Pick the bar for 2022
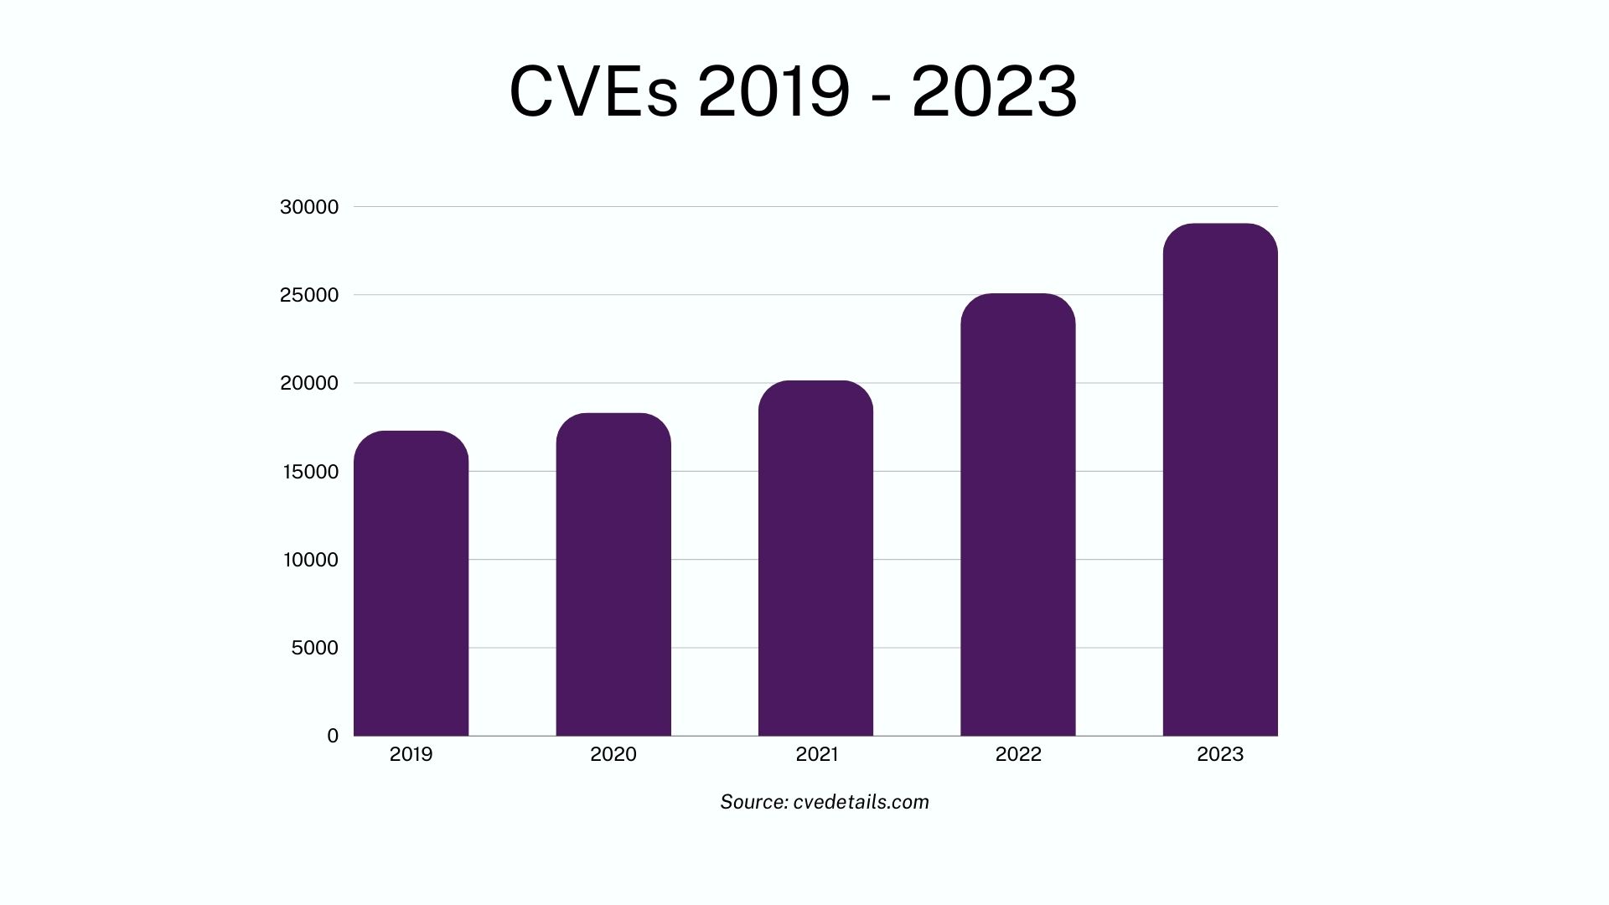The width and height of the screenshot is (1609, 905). click(1017, 515)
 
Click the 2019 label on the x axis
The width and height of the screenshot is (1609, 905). click(411, 754)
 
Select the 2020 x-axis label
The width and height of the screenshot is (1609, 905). click(613, 754)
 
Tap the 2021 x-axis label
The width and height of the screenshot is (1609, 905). click(816, 754)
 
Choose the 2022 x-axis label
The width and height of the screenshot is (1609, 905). click(1018, 754)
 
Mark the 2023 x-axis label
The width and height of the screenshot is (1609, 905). click(1220, 754)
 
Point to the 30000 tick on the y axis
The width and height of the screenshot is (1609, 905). click(309, 207)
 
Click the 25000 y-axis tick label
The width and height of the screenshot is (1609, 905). click(309, 295)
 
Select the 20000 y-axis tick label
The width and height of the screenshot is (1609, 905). click(309, 383)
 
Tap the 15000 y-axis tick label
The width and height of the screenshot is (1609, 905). click(310, 472)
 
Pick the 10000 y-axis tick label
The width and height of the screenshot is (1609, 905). click(310, 560)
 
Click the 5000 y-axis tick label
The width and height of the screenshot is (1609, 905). click(314, 648)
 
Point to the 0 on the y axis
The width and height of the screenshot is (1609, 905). click(333, 736)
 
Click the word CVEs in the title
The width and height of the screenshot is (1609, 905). click(592, 91)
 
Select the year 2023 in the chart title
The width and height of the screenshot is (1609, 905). click(994, 91)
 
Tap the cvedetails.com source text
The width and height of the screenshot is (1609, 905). click(861, 802)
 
